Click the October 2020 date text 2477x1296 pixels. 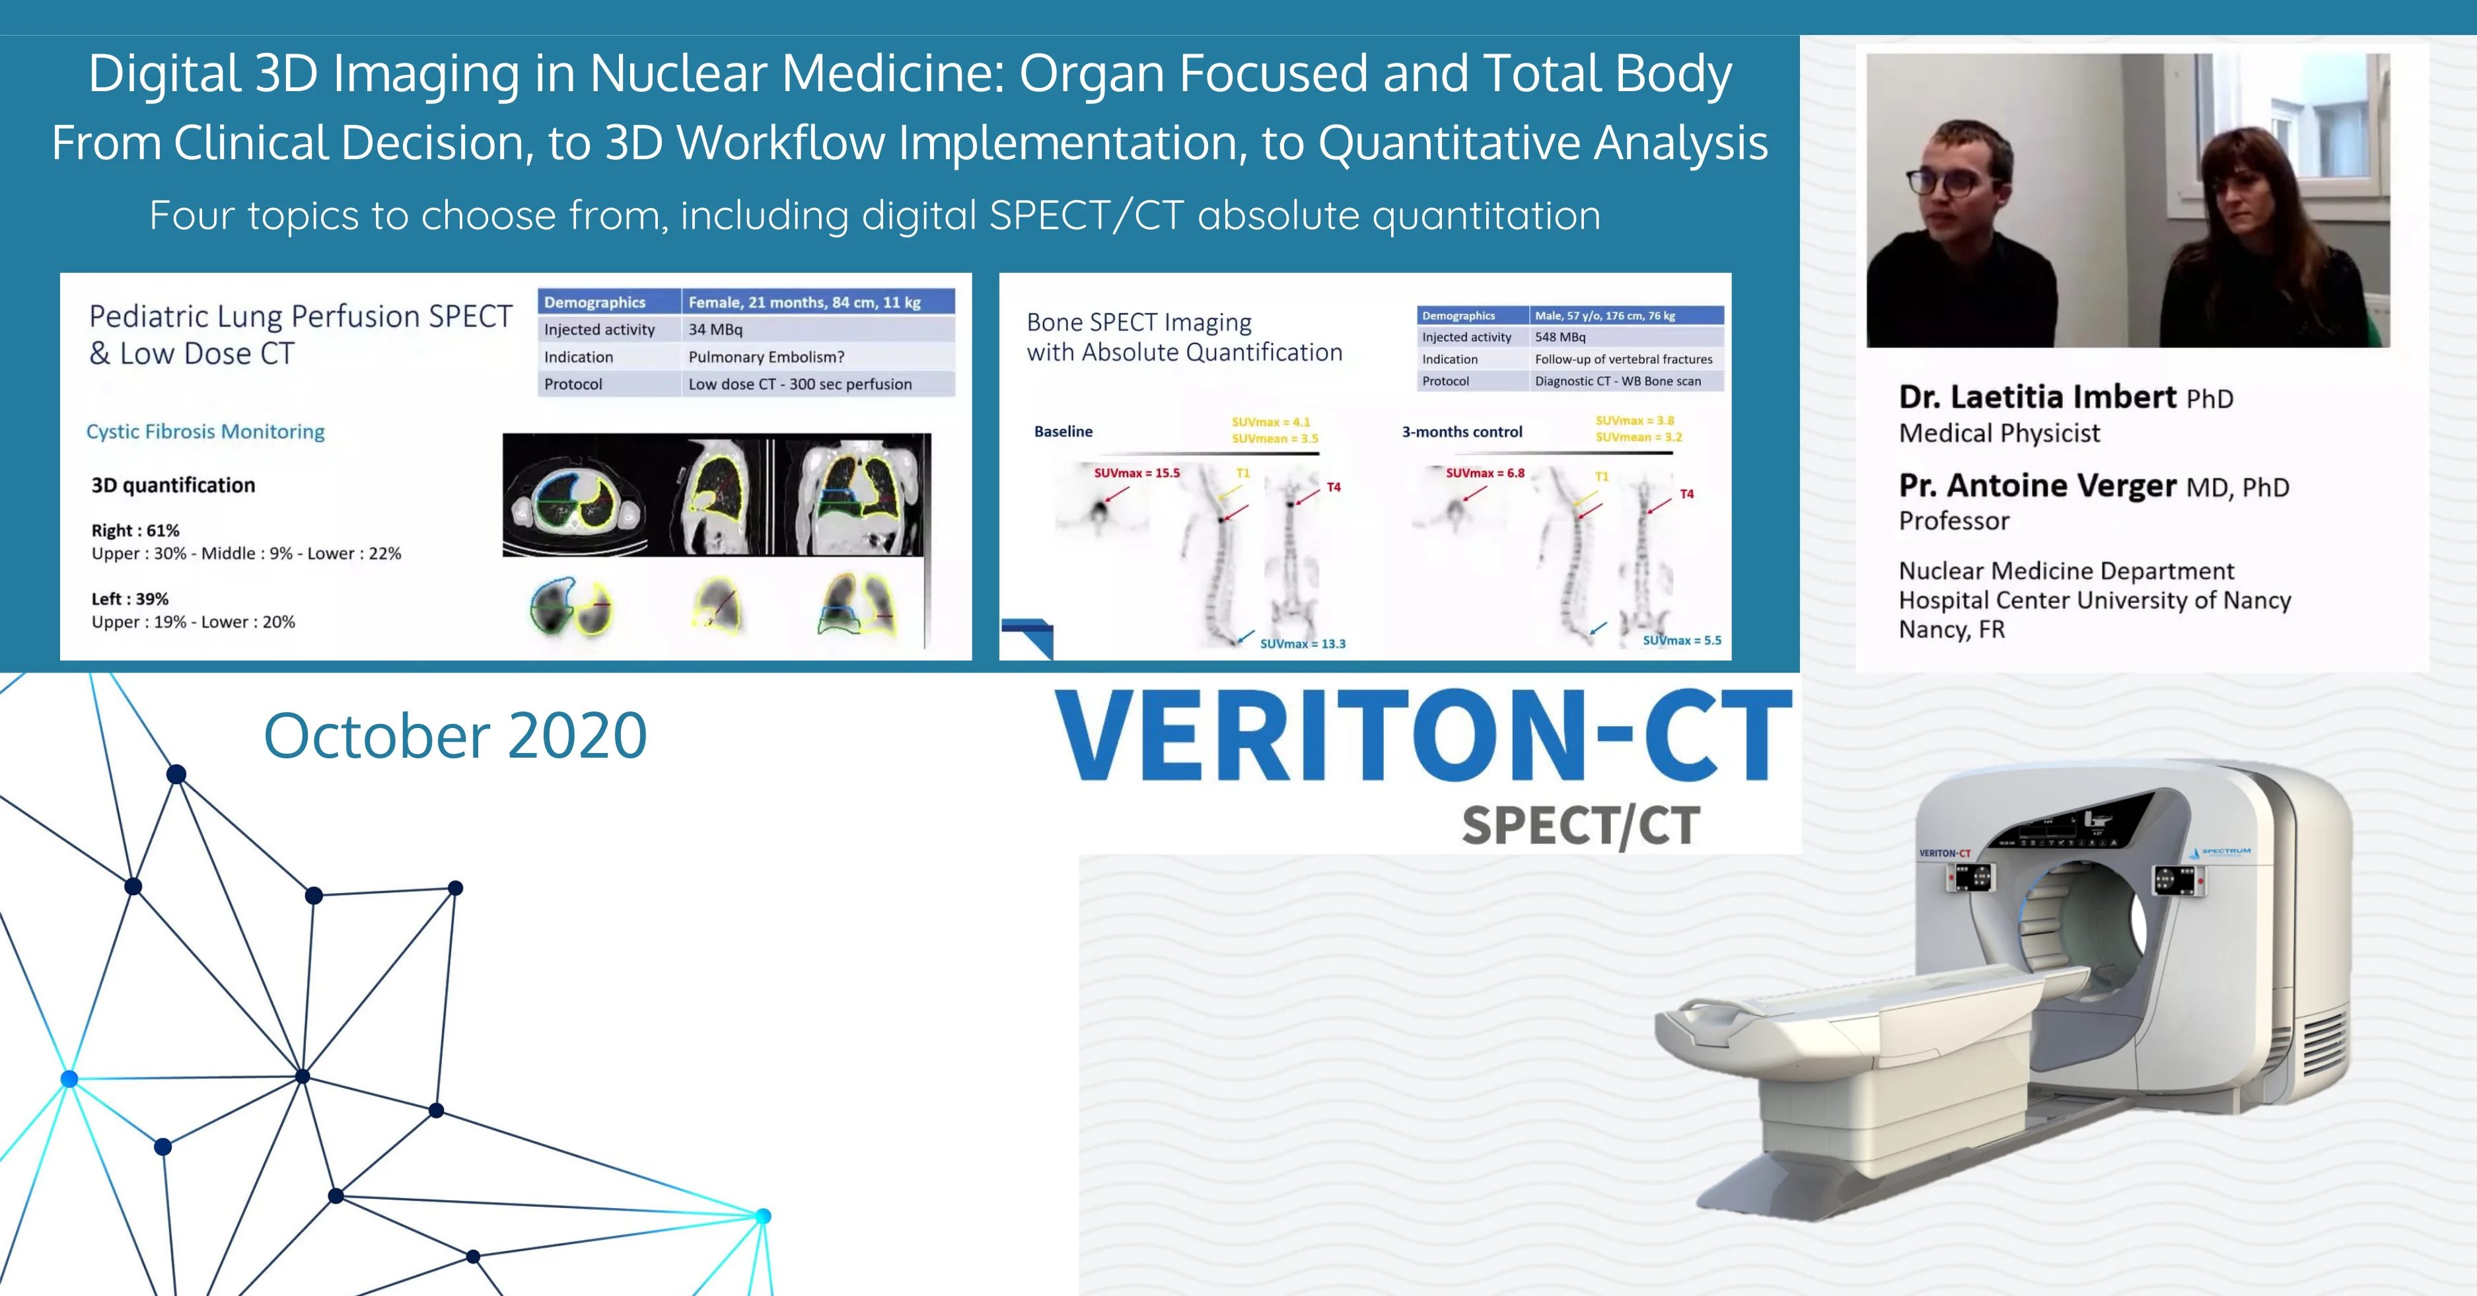point(455,735)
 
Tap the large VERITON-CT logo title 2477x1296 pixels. point(1423,737)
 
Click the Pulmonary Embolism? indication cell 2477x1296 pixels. point(766,357)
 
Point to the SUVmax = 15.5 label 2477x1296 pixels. point(1137,473)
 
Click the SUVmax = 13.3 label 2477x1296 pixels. point(1303,644)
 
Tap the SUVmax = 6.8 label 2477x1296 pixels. point(1485,473)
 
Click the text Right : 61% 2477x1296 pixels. point(135,530)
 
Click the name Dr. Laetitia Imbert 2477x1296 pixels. point(2036,397)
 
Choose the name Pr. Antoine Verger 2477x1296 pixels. point(2036,486)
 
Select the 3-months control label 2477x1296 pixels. point(1462,433)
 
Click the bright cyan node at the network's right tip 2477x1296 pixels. point(762,1216)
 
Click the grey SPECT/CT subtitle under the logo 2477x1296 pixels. point(1581,826)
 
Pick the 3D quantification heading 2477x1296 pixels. point(173,486)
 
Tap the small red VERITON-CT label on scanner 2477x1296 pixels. point(1945,853)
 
